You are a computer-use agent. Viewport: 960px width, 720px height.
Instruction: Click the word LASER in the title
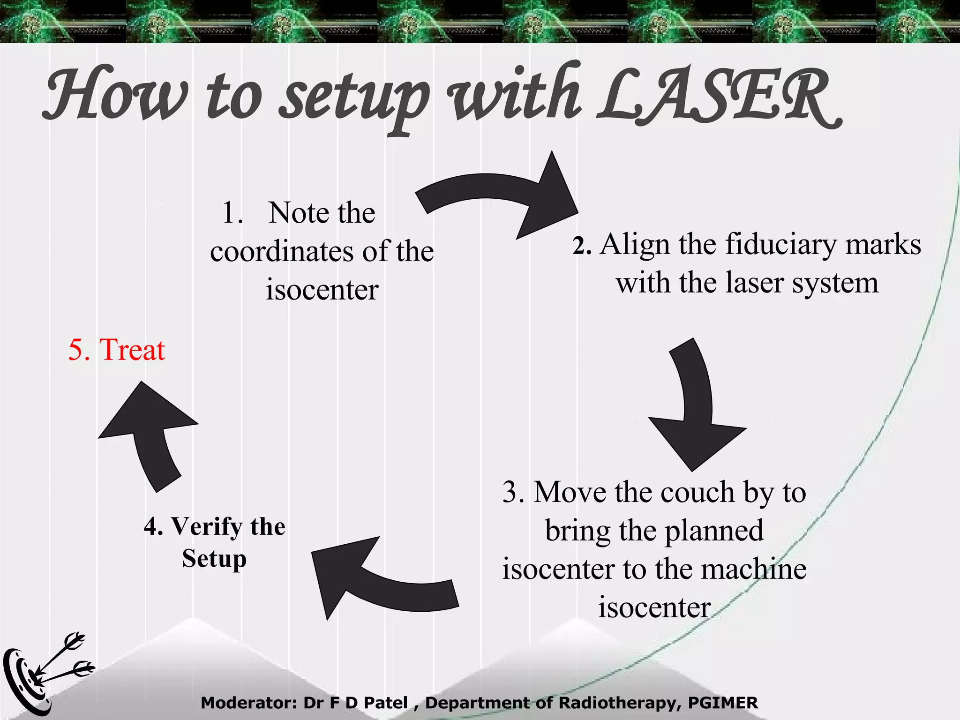click(x=717, y=96)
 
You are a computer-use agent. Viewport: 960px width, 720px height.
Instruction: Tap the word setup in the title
click(x=354, y=98)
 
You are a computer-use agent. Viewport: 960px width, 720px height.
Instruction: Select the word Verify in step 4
click(x=206, y=526)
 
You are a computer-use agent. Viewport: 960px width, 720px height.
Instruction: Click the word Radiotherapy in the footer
click(x=618, y=703)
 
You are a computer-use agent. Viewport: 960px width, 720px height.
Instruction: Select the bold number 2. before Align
click(x=581, y=246)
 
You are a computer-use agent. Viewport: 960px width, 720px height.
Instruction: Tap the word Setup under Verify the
click(x=214, y=559)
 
